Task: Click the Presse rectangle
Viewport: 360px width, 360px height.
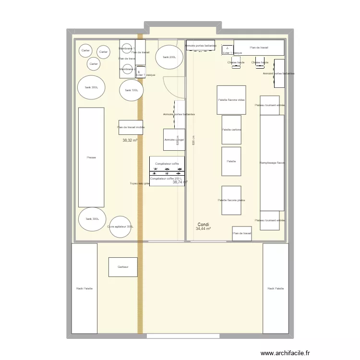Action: point(91,157)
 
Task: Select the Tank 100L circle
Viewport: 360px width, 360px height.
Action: point(131,90)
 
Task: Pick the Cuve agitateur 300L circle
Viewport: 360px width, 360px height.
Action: point(120,227)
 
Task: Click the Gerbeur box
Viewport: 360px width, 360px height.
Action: point(123,267)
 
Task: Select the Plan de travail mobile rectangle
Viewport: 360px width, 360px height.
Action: point(131,127)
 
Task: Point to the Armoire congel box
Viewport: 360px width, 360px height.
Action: point(174,140)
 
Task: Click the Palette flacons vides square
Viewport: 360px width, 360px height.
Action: point(231,100)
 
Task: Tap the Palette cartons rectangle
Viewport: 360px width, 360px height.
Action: point(231,130)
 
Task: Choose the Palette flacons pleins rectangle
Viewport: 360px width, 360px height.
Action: point(231,200)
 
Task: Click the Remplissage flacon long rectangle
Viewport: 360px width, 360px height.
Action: point(272,163)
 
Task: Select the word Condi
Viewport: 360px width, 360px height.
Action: point(203,224)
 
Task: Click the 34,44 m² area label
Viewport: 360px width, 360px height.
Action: point(203,229)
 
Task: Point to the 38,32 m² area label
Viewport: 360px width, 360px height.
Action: point(130,141)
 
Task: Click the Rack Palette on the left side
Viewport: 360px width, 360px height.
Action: point(84,288)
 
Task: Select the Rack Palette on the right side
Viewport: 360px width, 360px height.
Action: point(276,288)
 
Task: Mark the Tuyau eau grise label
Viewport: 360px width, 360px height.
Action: point(140,183)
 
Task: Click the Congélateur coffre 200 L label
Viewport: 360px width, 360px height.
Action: point(166,179)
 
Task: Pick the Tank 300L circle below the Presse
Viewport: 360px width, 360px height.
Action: point(92,219)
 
